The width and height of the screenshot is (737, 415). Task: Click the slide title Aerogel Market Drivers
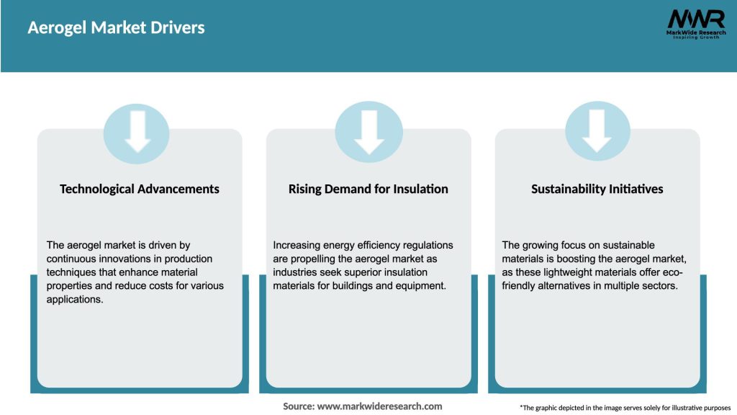pos(116,28)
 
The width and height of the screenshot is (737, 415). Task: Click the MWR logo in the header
pos(695,19)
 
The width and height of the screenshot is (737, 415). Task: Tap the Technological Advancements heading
pos(140,189)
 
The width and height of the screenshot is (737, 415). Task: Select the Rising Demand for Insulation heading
pos(368,189)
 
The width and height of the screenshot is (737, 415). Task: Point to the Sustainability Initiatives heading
pos(597,189)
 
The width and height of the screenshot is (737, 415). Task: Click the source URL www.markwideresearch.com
pos(380,406)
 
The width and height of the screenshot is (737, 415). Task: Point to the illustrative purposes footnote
pos(625,408)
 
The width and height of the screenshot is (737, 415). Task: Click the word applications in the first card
pos(75,299)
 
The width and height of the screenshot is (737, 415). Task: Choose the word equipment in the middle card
pos(423,286)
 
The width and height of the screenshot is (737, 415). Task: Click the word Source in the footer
pos(298,406)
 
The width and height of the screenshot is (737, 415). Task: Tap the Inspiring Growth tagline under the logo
pos(695,37)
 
